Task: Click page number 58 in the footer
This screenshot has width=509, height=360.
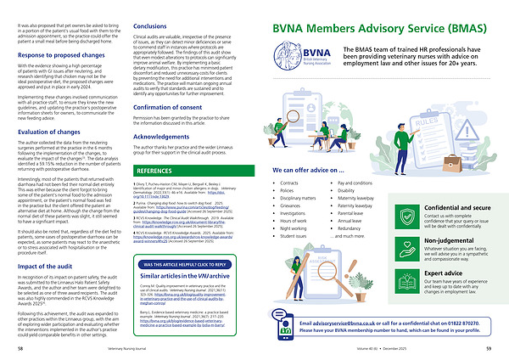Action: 20,347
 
